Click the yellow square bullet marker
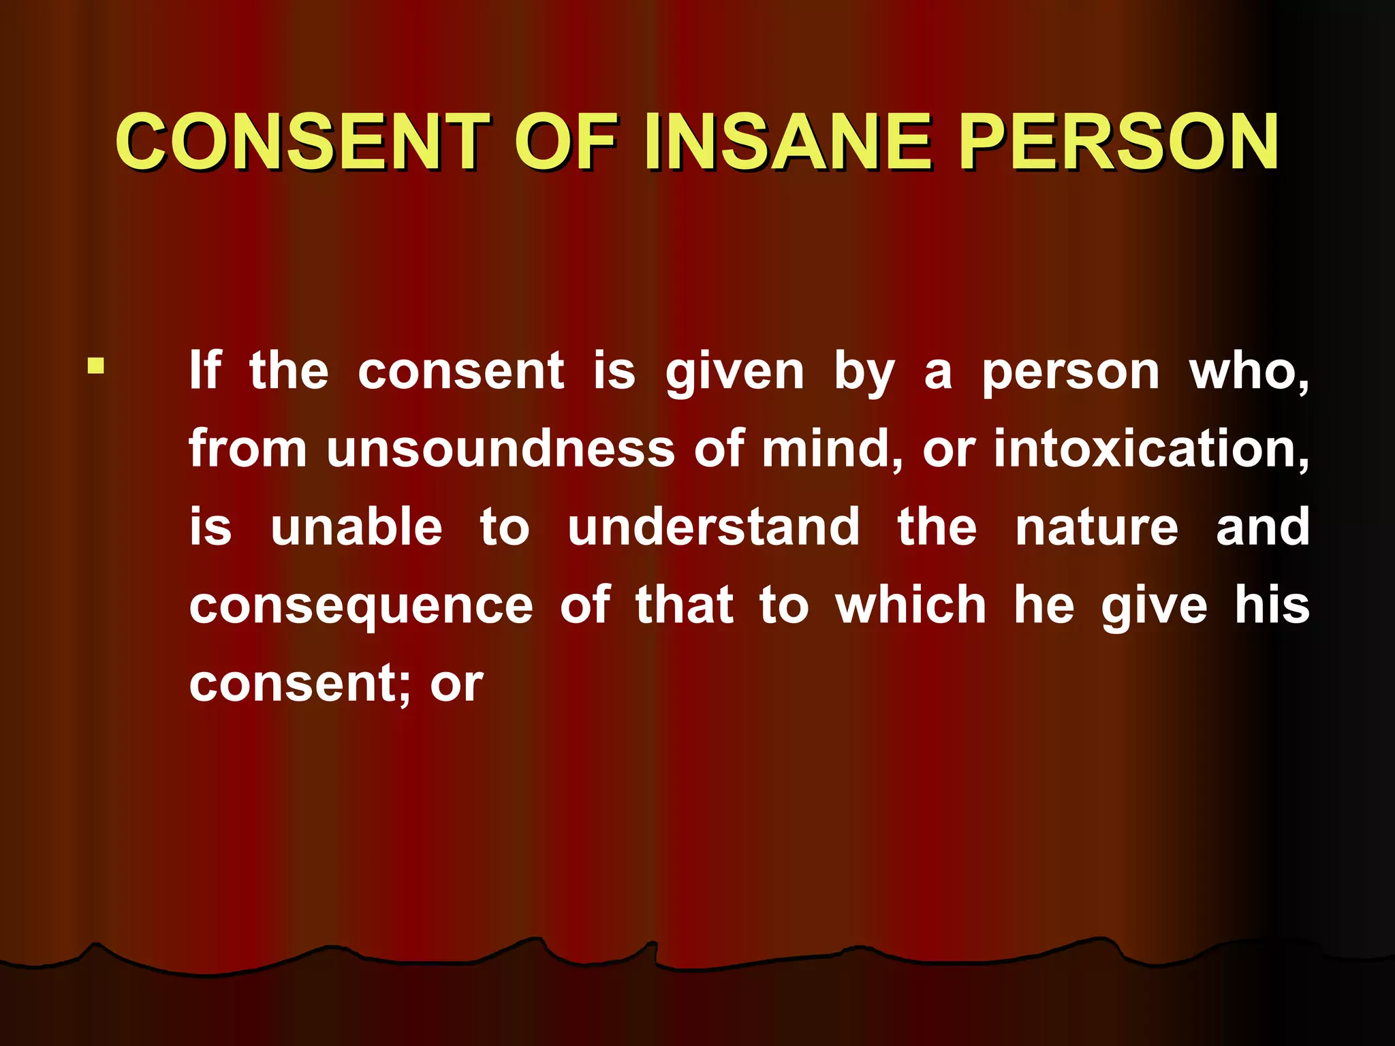[x=96, y=366]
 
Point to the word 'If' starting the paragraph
[x=204, y=370]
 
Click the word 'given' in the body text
[x=735, y=373]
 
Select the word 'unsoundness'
[x=500, y=449]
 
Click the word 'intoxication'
[x=1150, y=449]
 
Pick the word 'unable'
[x=356, y=527]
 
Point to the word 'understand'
[x=714, y=527]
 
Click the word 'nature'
[x=1097, y=528]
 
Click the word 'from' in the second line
[x=248, y=449]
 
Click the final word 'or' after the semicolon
[x=456, y=684]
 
